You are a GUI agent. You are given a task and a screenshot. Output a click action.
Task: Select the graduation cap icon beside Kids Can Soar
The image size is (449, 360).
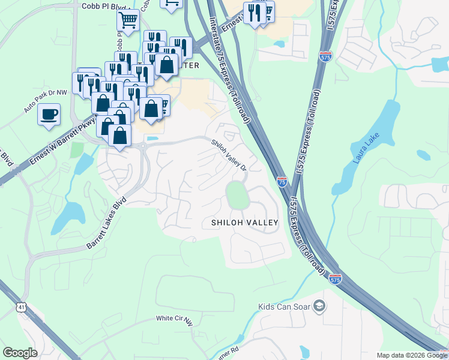pyautogui.click(x=319, y=307)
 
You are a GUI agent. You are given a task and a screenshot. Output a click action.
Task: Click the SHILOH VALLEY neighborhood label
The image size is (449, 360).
pyautogui.click(x=244, y=223)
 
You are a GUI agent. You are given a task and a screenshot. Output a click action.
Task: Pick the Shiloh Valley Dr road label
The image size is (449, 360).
pyautogui.click(x=229, y=155)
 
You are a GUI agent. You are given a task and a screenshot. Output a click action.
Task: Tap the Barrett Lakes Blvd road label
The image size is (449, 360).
pyautogui.click(x=107, y=223)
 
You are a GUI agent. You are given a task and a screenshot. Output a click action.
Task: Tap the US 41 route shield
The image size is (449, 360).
pyautogui.click(x=22, y=307)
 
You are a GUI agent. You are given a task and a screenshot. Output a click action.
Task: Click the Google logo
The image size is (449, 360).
pyautogui.click(x=20, y=352)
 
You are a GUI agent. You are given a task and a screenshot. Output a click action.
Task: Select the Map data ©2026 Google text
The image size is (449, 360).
pyautogui.click(x=412, y=355)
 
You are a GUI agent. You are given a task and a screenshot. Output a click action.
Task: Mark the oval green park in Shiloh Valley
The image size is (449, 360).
pyautogui.click(x=237, y=195)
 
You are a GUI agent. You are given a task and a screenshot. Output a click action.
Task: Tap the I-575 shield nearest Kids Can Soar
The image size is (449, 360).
pyautogui.click(x=336, y=279)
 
